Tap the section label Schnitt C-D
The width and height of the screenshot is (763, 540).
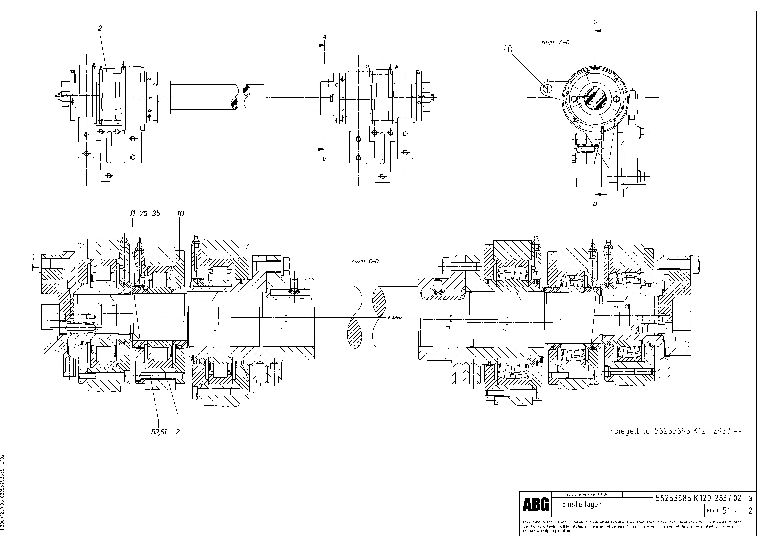pyautogui.click(x=365, y=262)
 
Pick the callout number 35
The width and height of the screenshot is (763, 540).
pyautogui.click(x=156, y=213)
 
